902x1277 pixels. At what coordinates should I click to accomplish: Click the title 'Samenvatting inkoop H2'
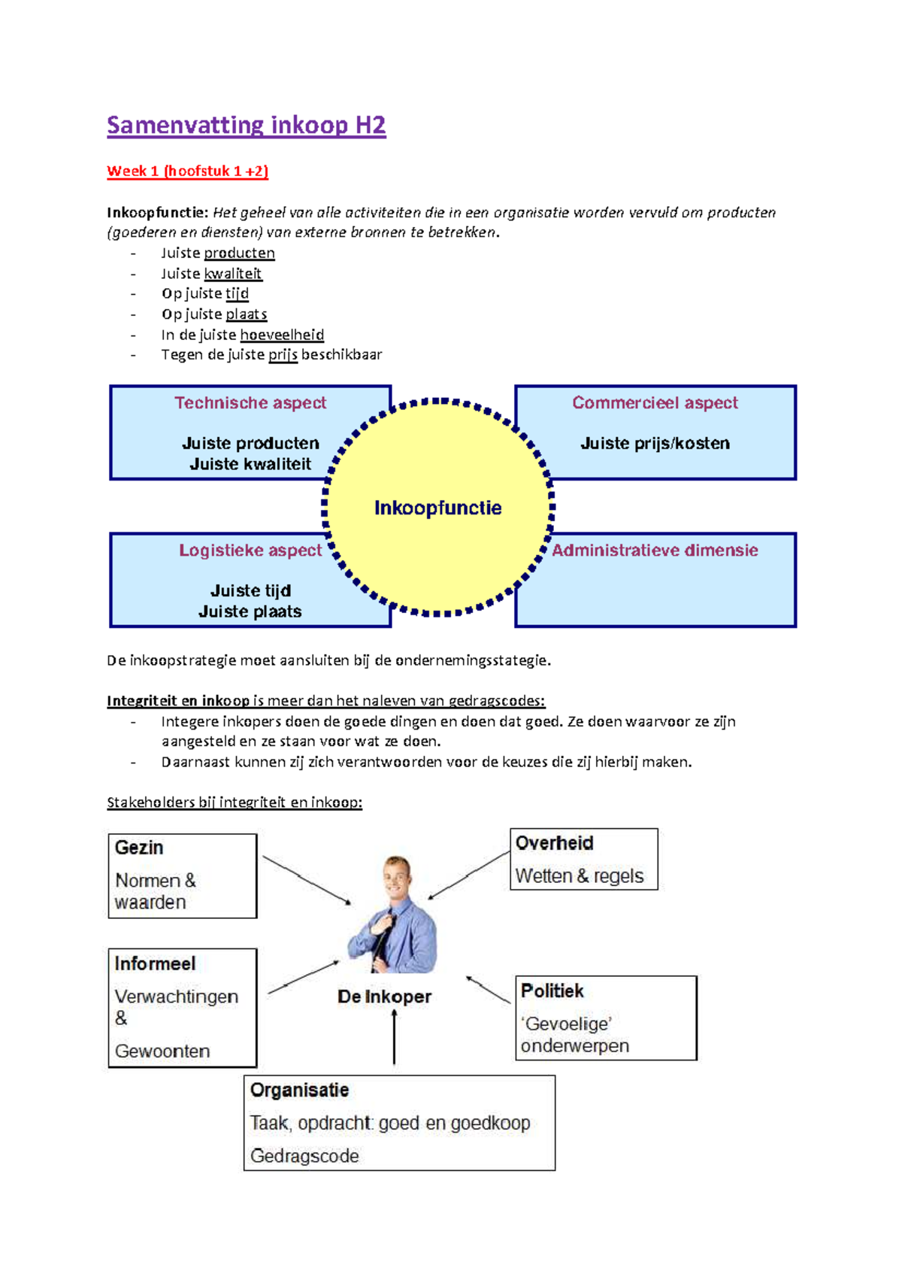click(246, 125)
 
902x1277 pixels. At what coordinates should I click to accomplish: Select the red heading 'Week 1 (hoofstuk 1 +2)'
click(187, 171)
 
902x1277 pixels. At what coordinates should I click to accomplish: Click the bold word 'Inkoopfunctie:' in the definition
click(157, 213)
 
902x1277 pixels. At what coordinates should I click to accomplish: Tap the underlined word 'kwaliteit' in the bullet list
click(233, 274)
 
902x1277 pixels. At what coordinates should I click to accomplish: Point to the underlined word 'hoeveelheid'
click(282, 335)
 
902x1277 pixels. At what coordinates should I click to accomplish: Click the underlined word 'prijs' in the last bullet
click(283, 355)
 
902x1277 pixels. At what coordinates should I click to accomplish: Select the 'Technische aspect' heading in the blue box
click(250, 403)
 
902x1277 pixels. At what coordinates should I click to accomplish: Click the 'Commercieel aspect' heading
click(655, 403)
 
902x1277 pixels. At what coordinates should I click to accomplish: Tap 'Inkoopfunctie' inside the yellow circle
click(437, 508)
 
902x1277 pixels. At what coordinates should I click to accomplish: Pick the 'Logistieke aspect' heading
click(250, 551)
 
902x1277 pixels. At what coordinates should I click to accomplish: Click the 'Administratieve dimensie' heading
click(655, 551)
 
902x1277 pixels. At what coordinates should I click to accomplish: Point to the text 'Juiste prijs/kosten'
click(655, 444)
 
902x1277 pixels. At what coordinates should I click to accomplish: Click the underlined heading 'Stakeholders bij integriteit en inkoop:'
click(235, 802)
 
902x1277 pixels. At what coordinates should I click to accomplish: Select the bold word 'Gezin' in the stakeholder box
click(139, 848)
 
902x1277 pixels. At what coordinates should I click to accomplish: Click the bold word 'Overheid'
click(555, 843)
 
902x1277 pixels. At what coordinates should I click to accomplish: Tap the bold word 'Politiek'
click(552, 991)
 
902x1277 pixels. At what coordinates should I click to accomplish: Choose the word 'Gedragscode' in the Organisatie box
click(304, 1156)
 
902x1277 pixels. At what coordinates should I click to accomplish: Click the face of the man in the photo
click(396, 876)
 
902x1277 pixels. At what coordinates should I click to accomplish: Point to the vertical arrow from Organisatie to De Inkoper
click(394, 1038)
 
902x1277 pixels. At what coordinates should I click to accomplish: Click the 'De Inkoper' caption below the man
click(384, 997)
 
